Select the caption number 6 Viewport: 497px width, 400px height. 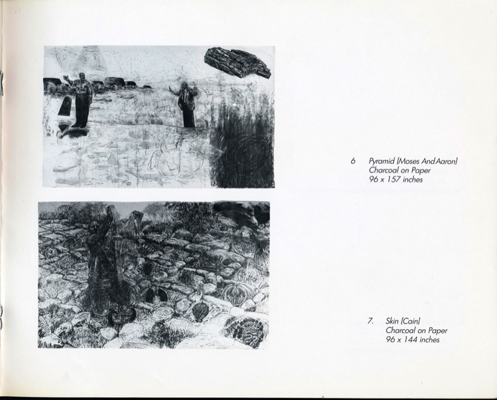pos(353,161)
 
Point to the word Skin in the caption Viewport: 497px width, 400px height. pos(392,321)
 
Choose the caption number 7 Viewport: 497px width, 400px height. pos(370,321)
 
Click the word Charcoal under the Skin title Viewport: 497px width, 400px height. pos(400,330)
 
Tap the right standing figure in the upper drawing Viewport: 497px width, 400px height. pos(186,104)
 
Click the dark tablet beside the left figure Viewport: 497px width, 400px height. pos(66,106)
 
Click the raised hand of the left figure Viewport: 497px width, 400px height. pos(66,78)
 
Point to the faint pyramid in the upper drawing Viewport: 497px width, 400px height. pos(89,60)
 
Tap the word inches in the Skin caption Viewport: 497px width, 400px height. pos(430,340)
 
